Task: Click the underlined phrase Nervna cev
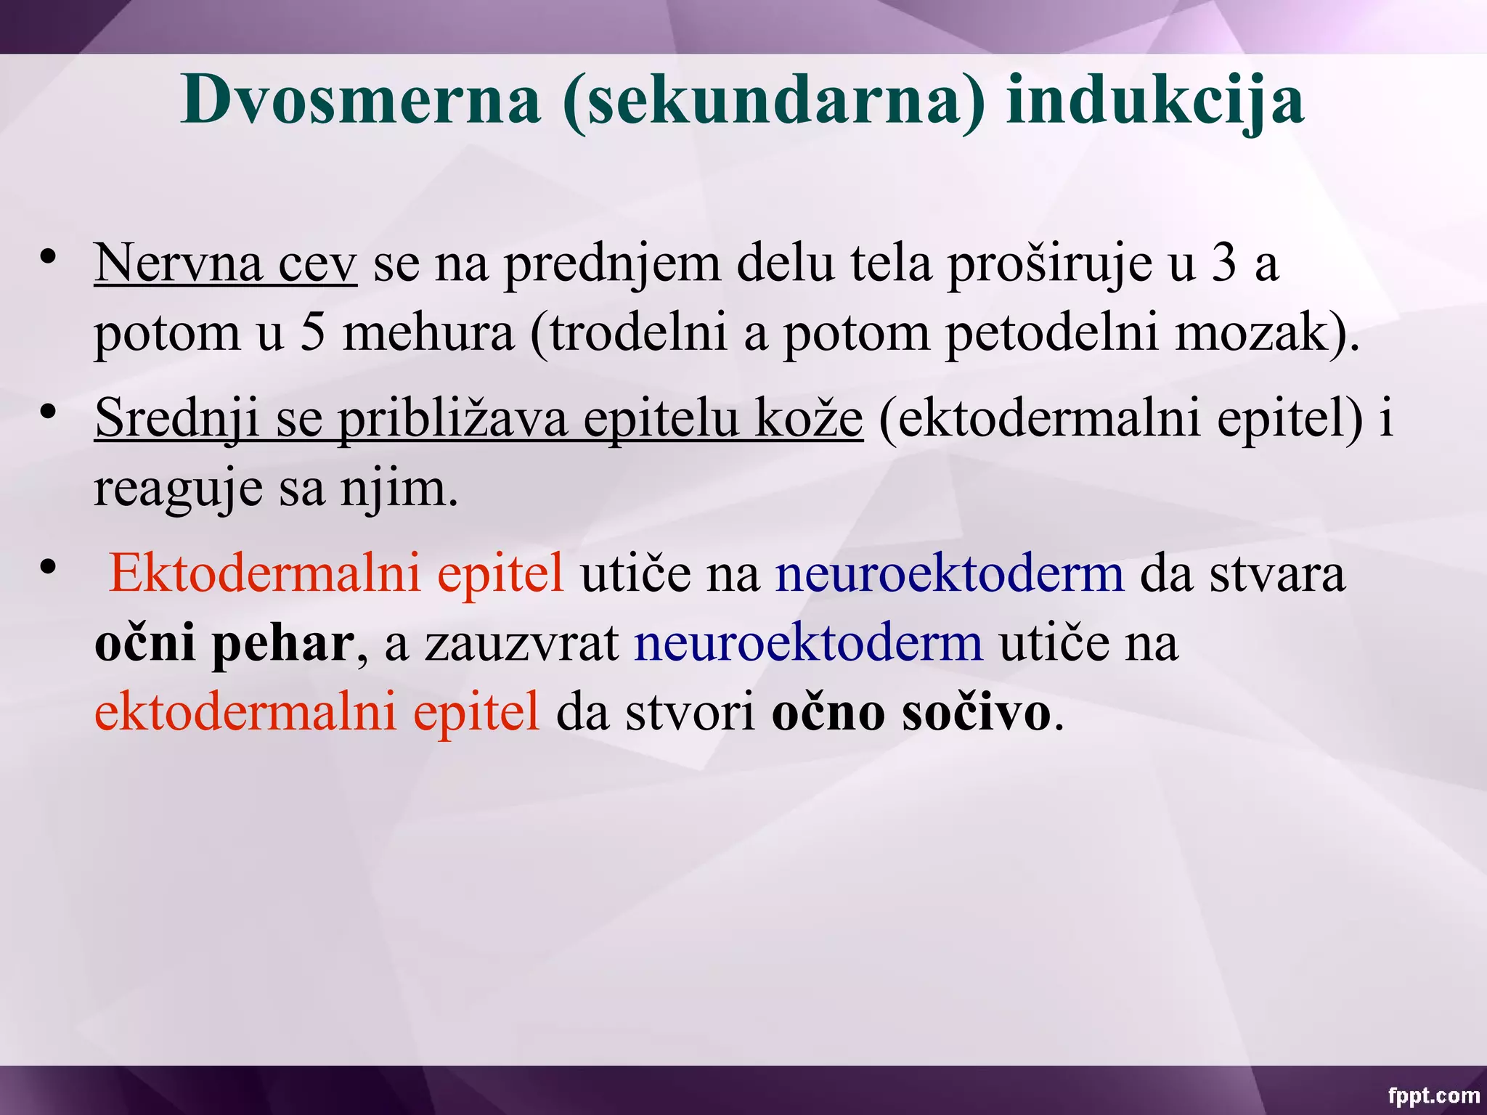[225, 263]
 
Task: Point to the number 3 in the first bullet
[1224, 263]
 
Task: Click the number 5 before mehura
[312, 333]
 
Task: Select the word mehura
[428, 333]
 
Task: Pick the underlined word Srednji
[177, 419]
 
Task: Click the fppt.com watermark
[1433, 1095]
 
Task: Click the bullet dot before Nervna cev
[49, 257]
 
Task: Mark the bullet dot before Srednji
[49, 412]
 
